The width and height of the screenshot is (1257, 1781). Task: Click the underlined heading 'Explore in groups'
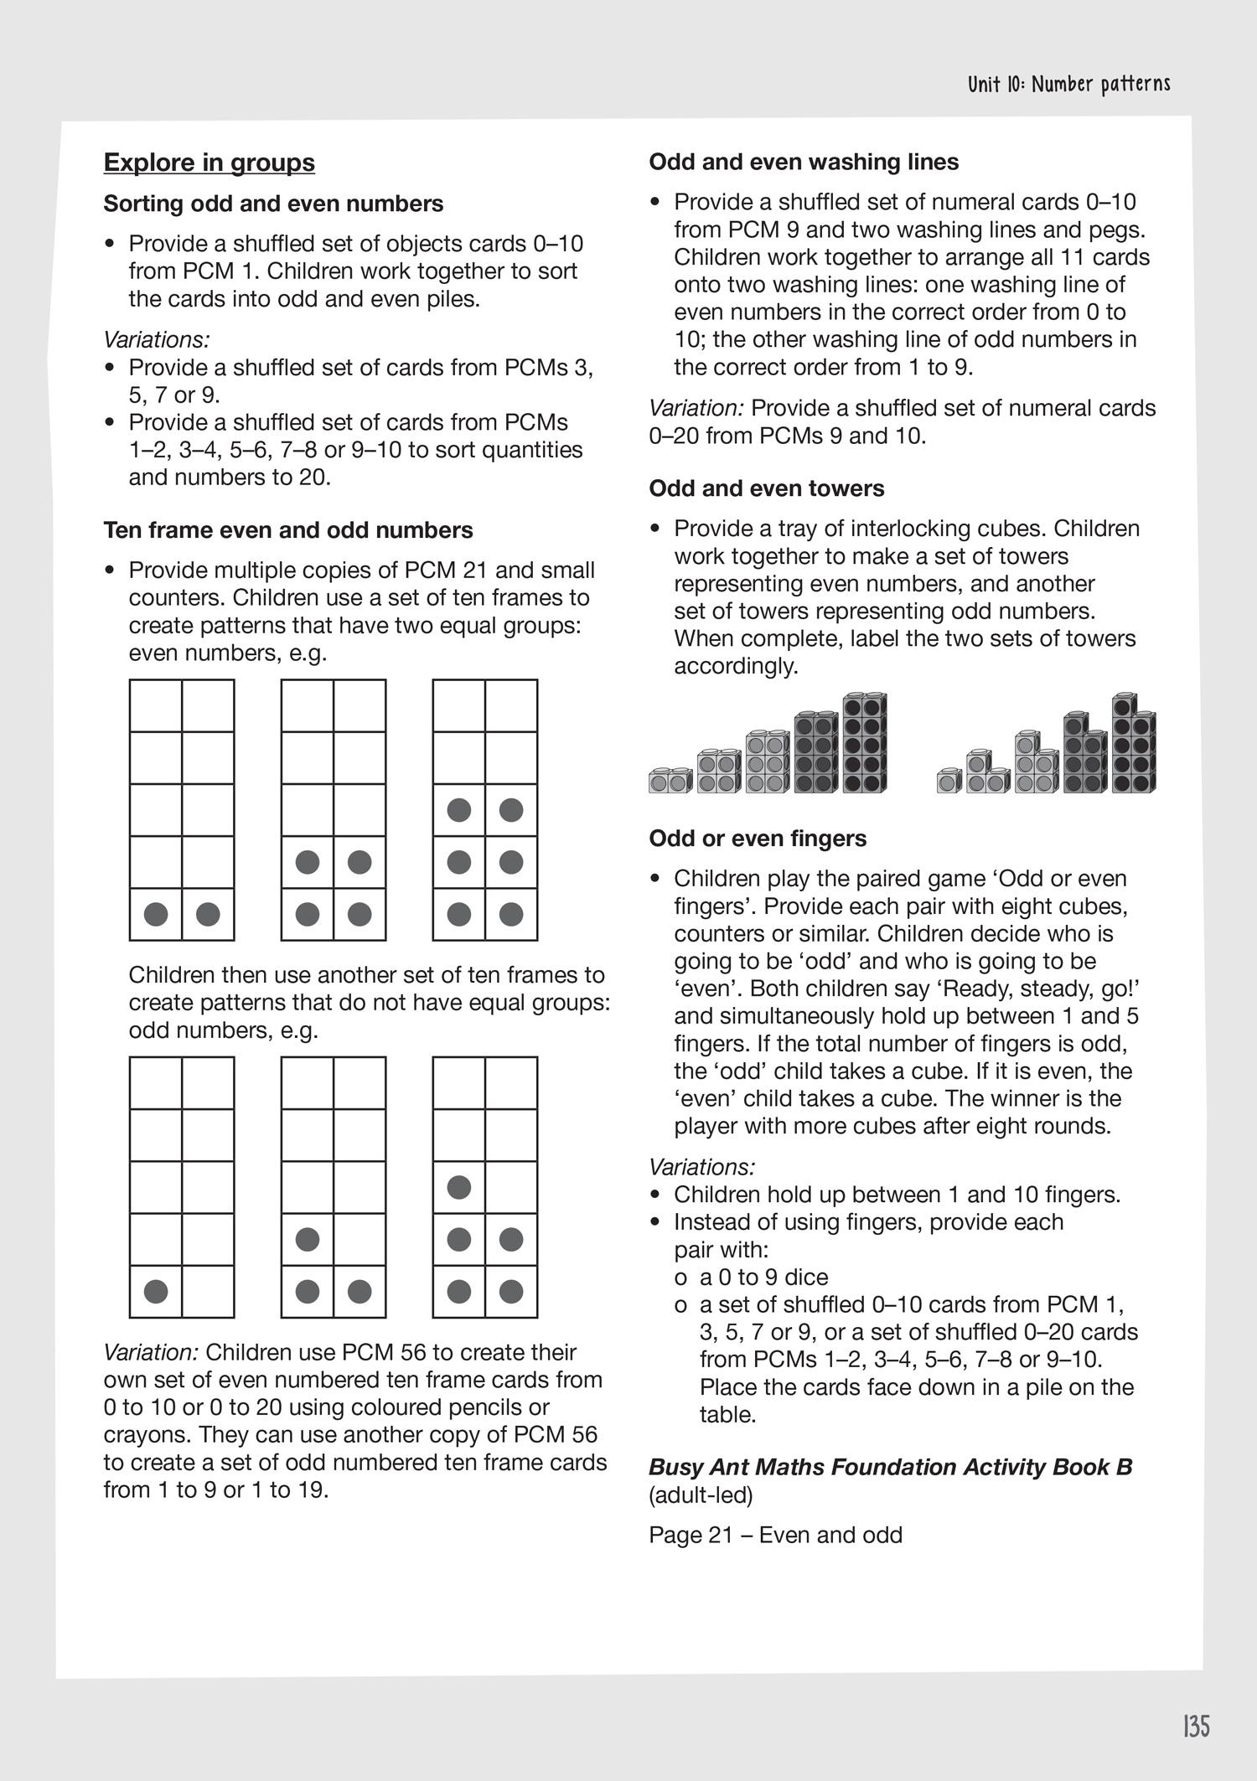point(209,163)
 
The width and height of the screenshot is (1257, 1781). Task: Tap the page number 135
point(1196,1726)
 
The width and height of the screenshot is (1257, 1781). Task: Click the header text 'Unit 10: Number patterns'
point(1068,85)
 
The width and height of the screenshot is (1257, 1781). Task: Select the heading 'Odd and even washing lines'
point(803,162)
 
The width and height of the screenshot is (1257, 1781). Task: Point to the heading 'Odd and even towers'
point(766,488)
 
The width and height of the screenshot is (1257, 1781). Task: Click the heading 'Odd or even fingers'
point(758,839)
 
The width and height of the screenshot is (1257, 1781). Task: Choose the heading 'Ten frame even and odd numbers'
point(288,530)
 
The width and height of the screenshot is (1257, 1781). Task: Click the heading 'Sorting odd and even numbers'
point(273,204)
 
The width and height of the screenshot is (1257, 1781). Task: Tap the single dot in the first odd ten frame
point(156,1292)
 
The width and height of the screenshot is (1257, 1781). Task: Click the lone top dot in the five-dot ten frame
point(458,1187)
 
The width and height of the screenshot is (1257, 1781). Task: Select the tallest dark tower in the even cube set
point(865,743)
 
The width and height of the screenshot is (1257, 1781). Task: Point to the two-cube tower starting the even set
point(669,782)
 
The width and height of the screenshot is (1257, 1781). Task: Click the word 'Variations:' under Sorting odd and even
point(156,340)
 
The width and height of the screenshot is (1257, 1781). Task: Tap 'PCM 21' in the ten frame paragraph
point(446,570)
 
